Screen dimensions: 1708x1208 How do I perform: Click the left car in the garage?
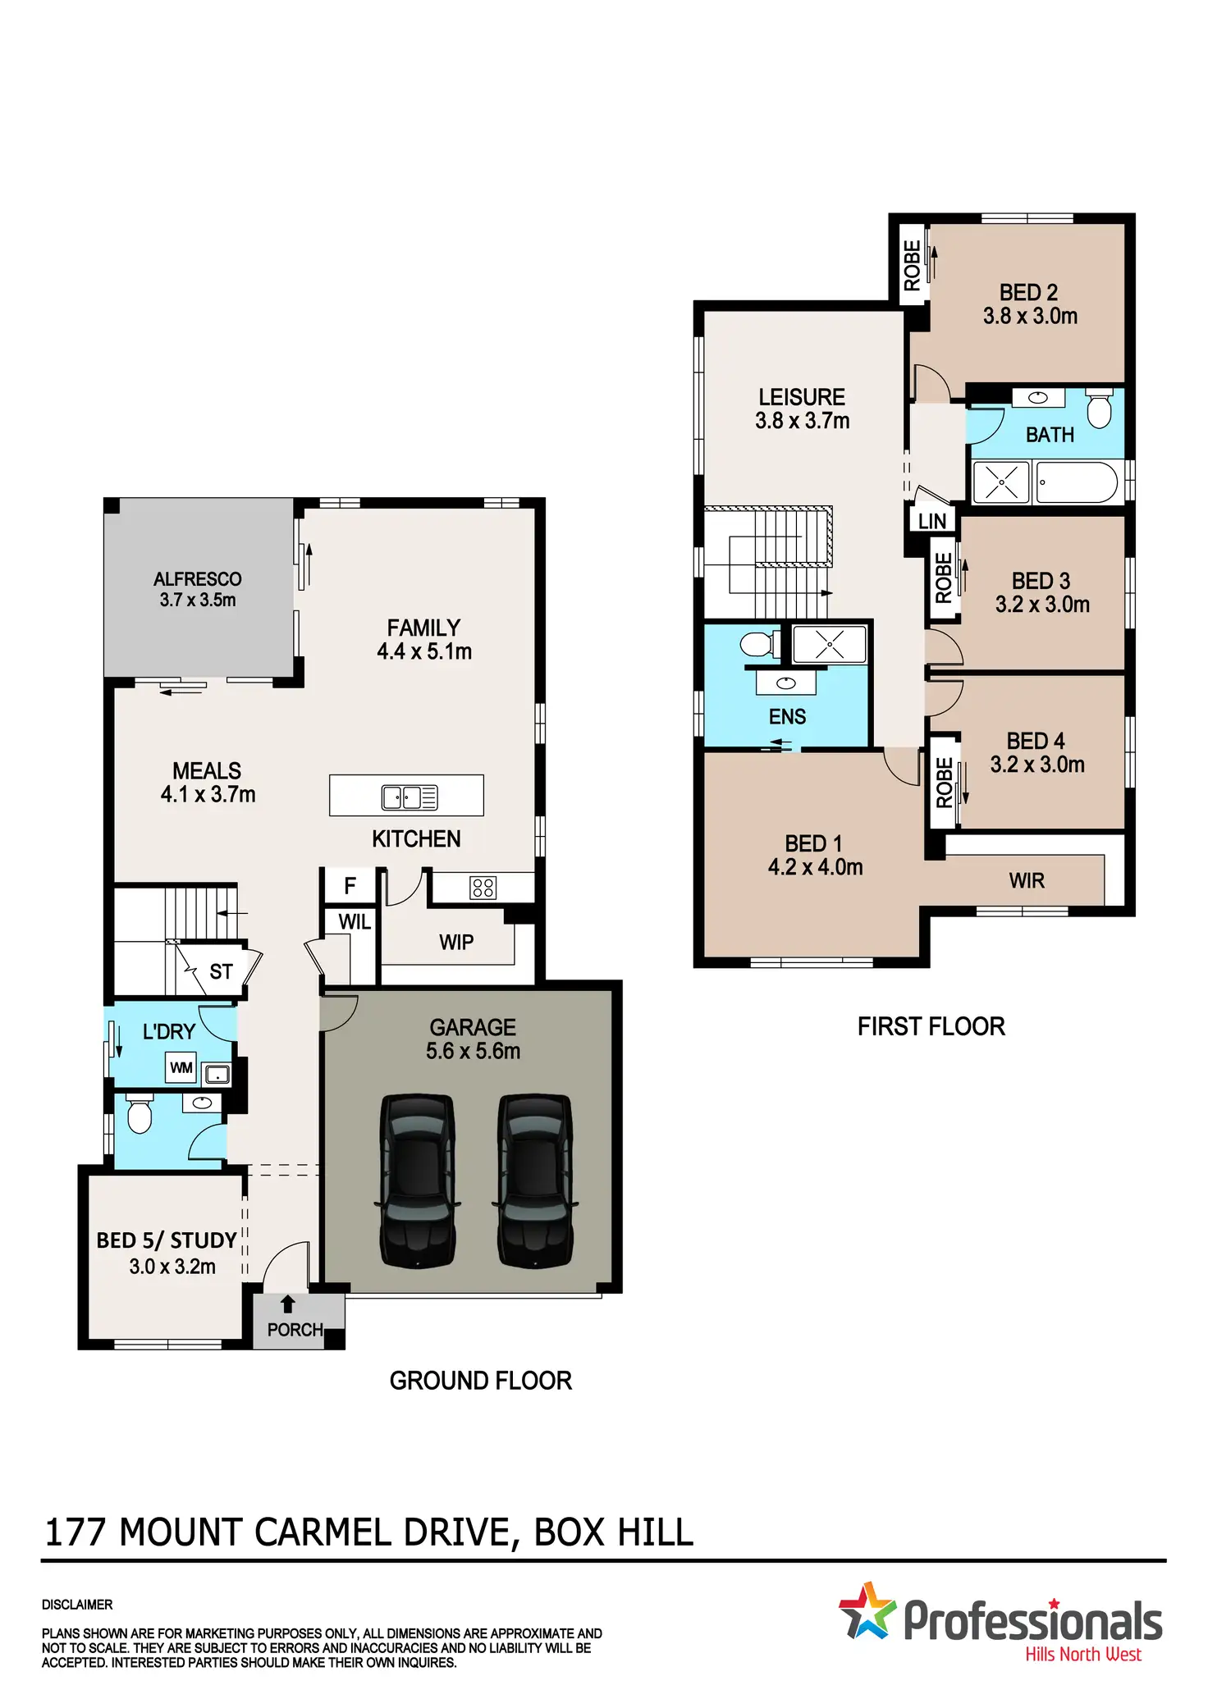(x=417, y=1181)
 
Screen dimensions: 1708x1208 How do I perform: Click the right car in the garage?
(x=535, y=1181)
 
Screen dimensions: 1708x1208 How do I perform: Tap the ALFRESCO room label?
(x=198, y=579)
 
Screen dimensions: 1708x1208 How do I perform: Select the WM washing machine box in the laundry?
(x=181, y=1067)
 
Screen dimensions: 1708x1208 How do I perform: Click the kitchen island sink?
(x=410, y=797)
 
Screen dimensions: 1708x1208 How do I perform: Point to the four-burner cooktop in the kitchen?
(x=483, y=888)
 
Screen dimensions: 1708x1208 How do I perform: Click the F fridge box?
(x=350, y=886)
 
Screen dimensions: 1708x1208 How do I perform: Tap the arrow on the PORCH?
(x=287, y=1304)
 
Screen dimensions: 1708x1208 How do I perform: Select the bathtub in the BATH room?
(x=1076, y=482)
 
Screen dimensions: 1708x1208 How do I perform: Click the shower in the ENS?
(x=830, y=645)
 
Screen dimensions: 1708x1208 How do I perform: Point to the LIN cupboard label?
(x=932, y=521)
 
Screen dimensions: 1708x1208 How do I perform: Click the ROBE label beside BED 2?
(x=912, y=265)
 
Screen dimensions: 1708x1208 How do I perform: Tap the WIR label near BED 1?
(x=1027, y=881)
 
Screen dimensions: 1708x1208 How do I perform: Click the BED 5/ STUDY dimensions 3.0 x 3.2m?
(x=172, y=1267)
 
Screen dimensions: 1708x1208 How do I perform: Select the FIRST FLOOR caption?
(x=931, y=1026)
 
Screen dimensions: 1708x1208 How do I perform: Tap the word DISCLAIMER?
(x=77, y=1605)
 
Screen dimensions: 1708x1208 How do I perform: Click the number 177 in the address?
(x=75, y=1532)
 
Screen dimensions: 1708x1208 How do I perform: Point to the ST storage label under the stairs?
(x=221, y=972)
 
